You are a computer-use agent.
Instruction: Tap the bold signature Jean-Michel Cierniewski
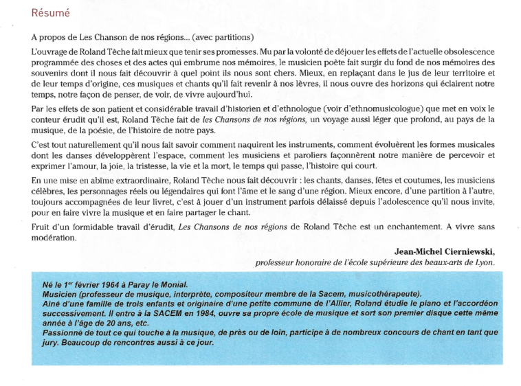point(444,251)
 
